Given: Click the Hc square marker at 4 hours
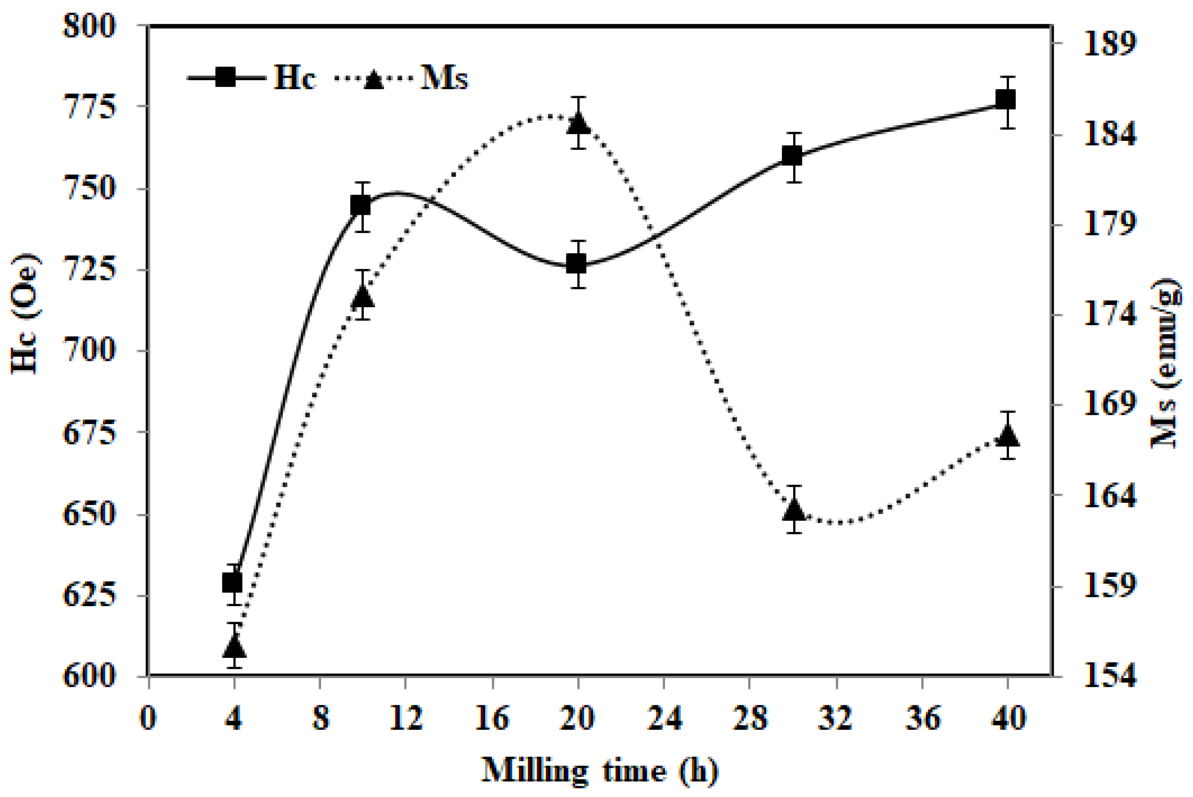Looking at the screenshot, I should tap(232, 582).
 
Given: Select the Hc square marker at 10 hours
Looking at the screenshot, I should tap(361, 206).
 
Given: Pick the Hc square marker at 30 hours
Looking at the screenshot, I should tap(792, 156).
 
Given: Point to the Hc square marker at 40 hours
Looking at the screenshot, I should tap(1006, 100).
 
